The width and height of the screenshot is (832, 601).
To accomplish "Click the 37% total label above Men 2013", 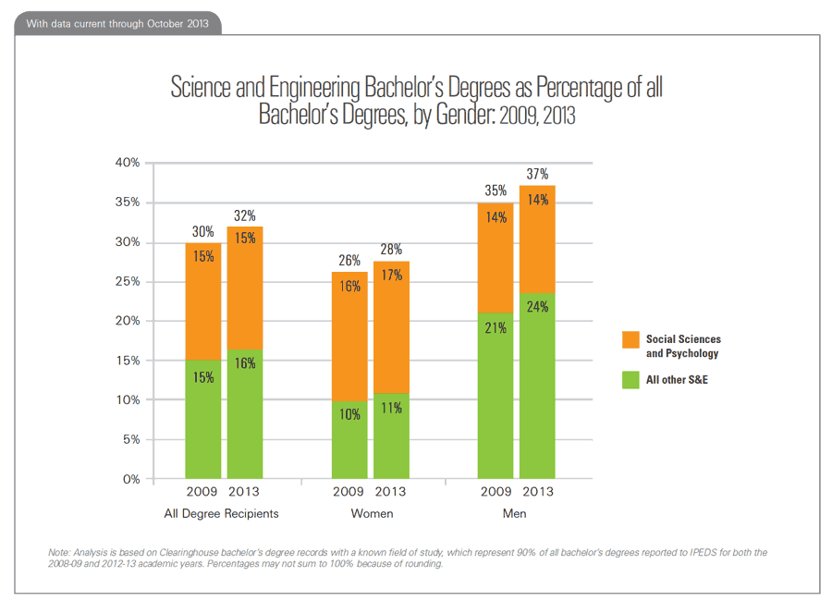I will pyautogui.click(x=538, y=174).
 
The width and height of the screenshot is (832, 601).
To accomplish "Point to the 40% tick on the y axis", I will pyautogui.click(x=128, y=163).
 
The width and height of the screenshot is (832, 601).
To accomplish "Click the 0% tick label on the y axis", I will pyautogui.click(x=130, y=479).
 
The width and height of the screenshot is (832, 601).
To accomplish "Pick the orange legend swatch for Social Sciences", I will pyautogui.click(x=631, y=341).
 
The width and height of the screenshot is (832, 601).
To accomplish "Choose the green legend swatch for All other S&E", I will pyautogui.click(x=631, y=379).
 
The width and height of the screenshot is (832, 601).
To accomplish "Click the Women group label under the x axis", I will pyautogui.click(x=371, y=513).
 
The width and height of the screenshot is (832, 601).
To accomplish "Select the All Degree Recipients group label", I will pyautogui.click(x=221, y=513).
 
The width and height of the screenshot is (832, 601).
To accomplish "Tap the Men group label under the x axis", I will pyautogui.click(x=516, y=513).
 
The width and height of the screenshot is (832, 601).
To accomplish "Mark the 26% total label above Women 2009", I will pyautogui.click(x=349, y=261).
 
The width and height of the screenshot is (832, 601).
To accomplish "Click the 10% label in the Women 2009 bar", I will pyautogui.click(x=349, y=415).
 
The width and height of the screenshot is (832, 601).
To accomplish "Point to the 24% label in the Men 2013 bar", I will pyautogui.click(x=538, y=306).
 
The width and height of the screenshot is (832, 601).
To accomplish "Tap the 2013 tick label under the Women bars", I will pyautogui.click(x=392, y=492).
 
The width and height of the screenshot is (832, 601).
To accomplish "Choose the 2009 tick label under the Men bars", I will pyautogui.click(x=495, y=492).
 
